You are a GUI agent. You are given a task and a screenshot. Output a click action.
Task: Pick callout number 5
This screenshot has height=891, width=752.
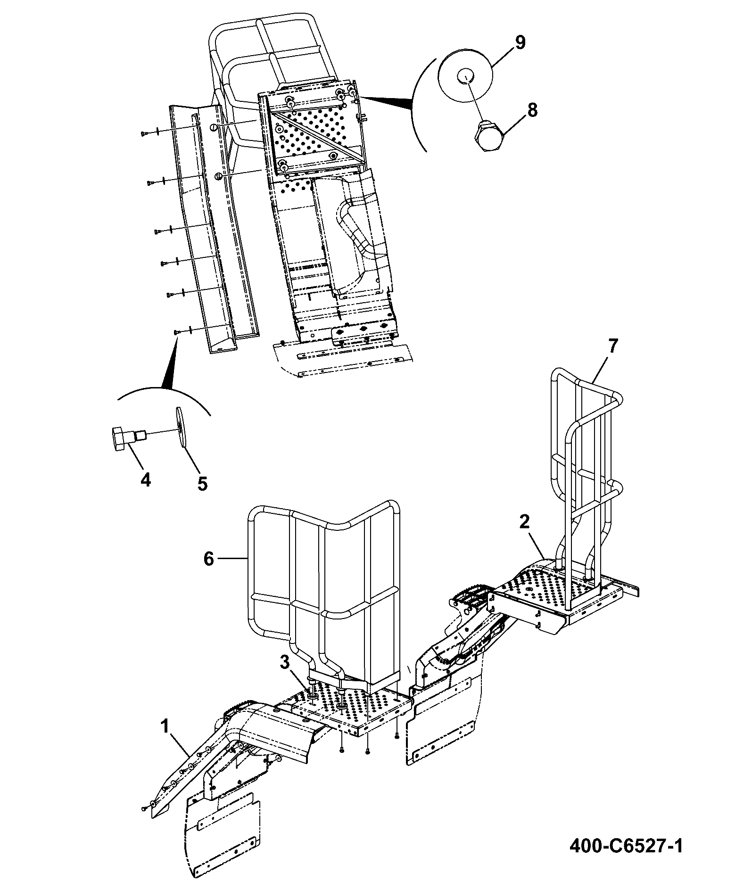point(202,483)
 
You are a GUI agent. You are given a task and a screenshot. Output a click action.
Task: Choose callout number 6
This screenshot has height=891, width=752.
point(209,559)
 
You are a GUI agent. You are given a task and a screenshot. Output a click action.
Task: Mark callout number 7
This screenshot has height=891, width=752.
point(612,347)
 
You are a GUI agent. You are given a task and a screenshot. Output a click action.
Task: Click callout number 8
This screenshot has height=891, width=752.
point(532,110)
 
